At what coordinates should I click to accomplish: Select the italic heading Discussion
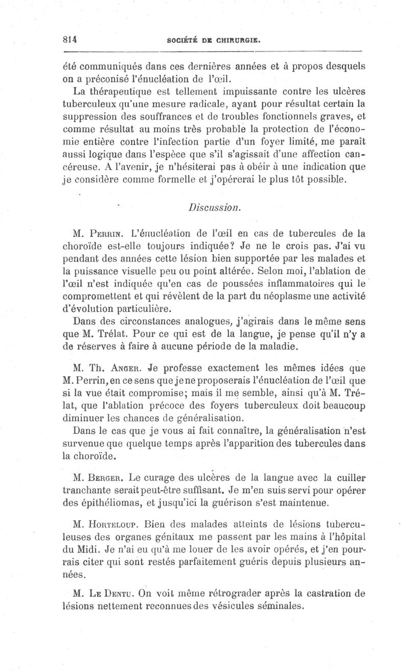pyautogui.click(x=211, y=208)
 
